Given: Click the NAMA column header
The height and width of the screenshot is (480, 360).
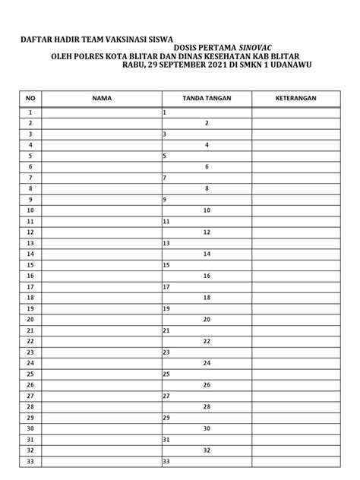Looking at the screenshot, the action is pos(102,99).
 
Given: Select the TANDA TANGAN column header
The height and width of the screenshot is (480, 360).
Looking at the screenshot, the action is pos(207,99).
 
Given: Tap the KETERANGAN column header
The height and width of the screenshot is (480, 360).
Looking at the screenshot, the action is pos(296,99).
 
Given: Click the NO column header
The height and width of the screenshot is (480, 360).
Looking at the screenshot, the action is pos(30,99).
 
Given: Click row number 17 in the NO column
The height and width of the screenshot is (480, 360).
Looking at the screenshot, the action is pos(30,287).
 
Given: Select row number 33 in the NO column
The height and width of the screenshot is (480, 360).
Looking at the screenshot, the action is pos(30,461).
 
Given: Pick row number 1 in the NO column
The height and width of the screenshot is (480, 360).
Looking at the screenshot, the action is pos(30,112).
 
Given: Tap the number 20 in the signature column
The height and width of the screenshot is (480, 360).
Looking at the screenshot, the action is pos(207,320).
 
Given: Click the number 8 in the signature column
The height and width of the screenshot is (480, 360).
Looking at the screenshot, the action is pos(207,188).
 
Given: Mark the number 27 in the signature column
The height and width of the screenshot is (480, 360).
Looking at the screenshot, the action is pos(166,396).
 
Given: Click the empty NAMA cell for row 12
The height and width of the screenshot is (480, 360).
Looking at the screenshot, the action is pos(102,232).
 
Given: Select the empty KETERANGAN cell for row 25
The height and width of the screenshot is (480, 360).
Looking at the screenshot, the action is pos(296,374).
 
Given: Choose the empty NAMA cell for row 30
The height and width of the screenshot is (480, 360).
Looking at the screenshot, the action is pos(102,428).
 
